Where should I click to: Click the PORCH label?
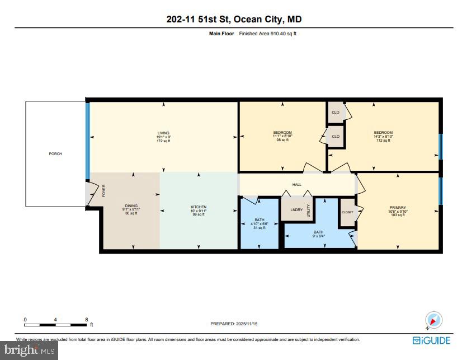[x=55, y=153]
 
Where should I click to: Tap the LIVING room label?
[x=163, y=133]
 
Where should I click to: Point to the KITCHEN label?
[x=199, y=207]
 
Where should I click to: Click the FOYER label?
[x=104, y=190]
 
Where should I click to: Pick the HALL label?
[x=297, y=184]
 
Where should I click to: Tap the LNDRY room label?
[x=296, y=210]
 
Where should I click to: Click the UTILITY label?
[x=308, y=211]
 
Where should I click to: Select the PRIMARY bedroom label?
[x=398, y=207]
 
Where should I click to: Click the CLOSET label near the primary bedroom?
[x=347, y=212]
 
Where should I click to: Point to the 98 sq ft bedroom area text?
[x=282, y=140]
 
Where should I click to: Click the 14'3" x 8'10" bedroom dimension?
[x=383, y=136]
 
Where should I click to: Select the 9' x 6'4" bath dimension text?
[x=318, y=236]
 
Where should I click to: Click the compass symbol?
[x=434, y=320]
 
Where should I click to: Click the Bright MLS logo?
[x=29, y=350]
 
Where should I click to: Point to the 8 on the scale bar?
[x=86, y=319]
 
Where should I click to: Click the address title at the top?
[x=234, y=20]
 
